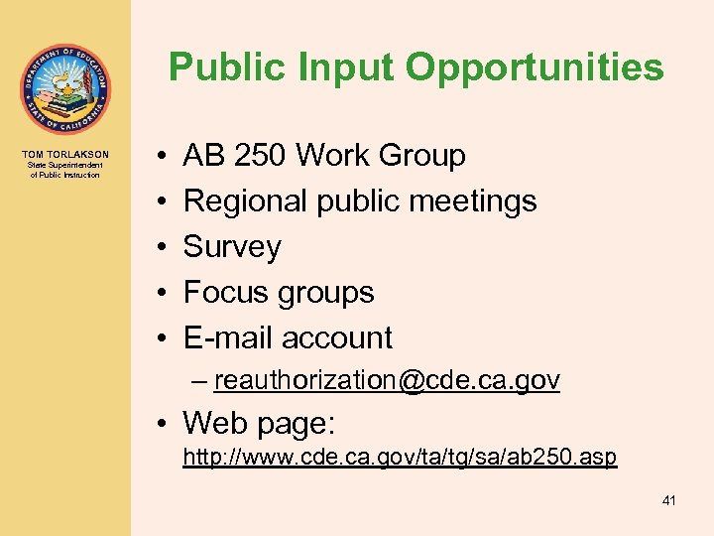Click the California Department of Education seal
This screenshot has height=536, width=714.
(x=64, y=89)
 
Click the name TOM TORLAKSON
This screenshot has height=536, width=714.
(x=65, y=155)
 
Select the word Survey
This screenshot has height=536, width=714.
(x=232, y=247)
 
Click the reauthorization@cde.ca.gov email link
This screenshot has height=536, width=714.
(x=387, y=380)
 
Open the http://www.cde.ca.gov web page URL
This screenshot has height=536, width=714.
(x=400, y=458)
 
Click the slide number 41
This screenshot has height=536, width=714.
(x=668, y=501)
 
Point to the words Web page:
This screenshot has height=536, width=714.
(x=259, y=424)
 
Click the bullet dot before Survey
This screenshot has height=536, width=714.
(x=161, y=247)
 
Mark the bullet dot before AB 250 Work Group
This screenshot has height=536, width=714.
(x=161, y=156)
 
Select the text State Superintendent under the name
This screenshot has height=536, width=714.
(x=65, y=166)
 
